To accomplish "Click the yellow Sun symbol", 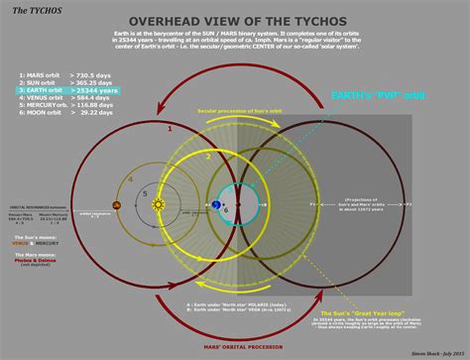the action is click(x=158, y=205).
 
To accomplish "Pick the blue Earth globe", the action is click(x=217, y=205).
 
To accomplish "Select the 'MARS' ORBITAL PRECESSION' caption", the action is click(x=233, y=344).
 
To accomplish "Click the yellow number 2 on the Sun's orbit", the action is click(x=208, y=156).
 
